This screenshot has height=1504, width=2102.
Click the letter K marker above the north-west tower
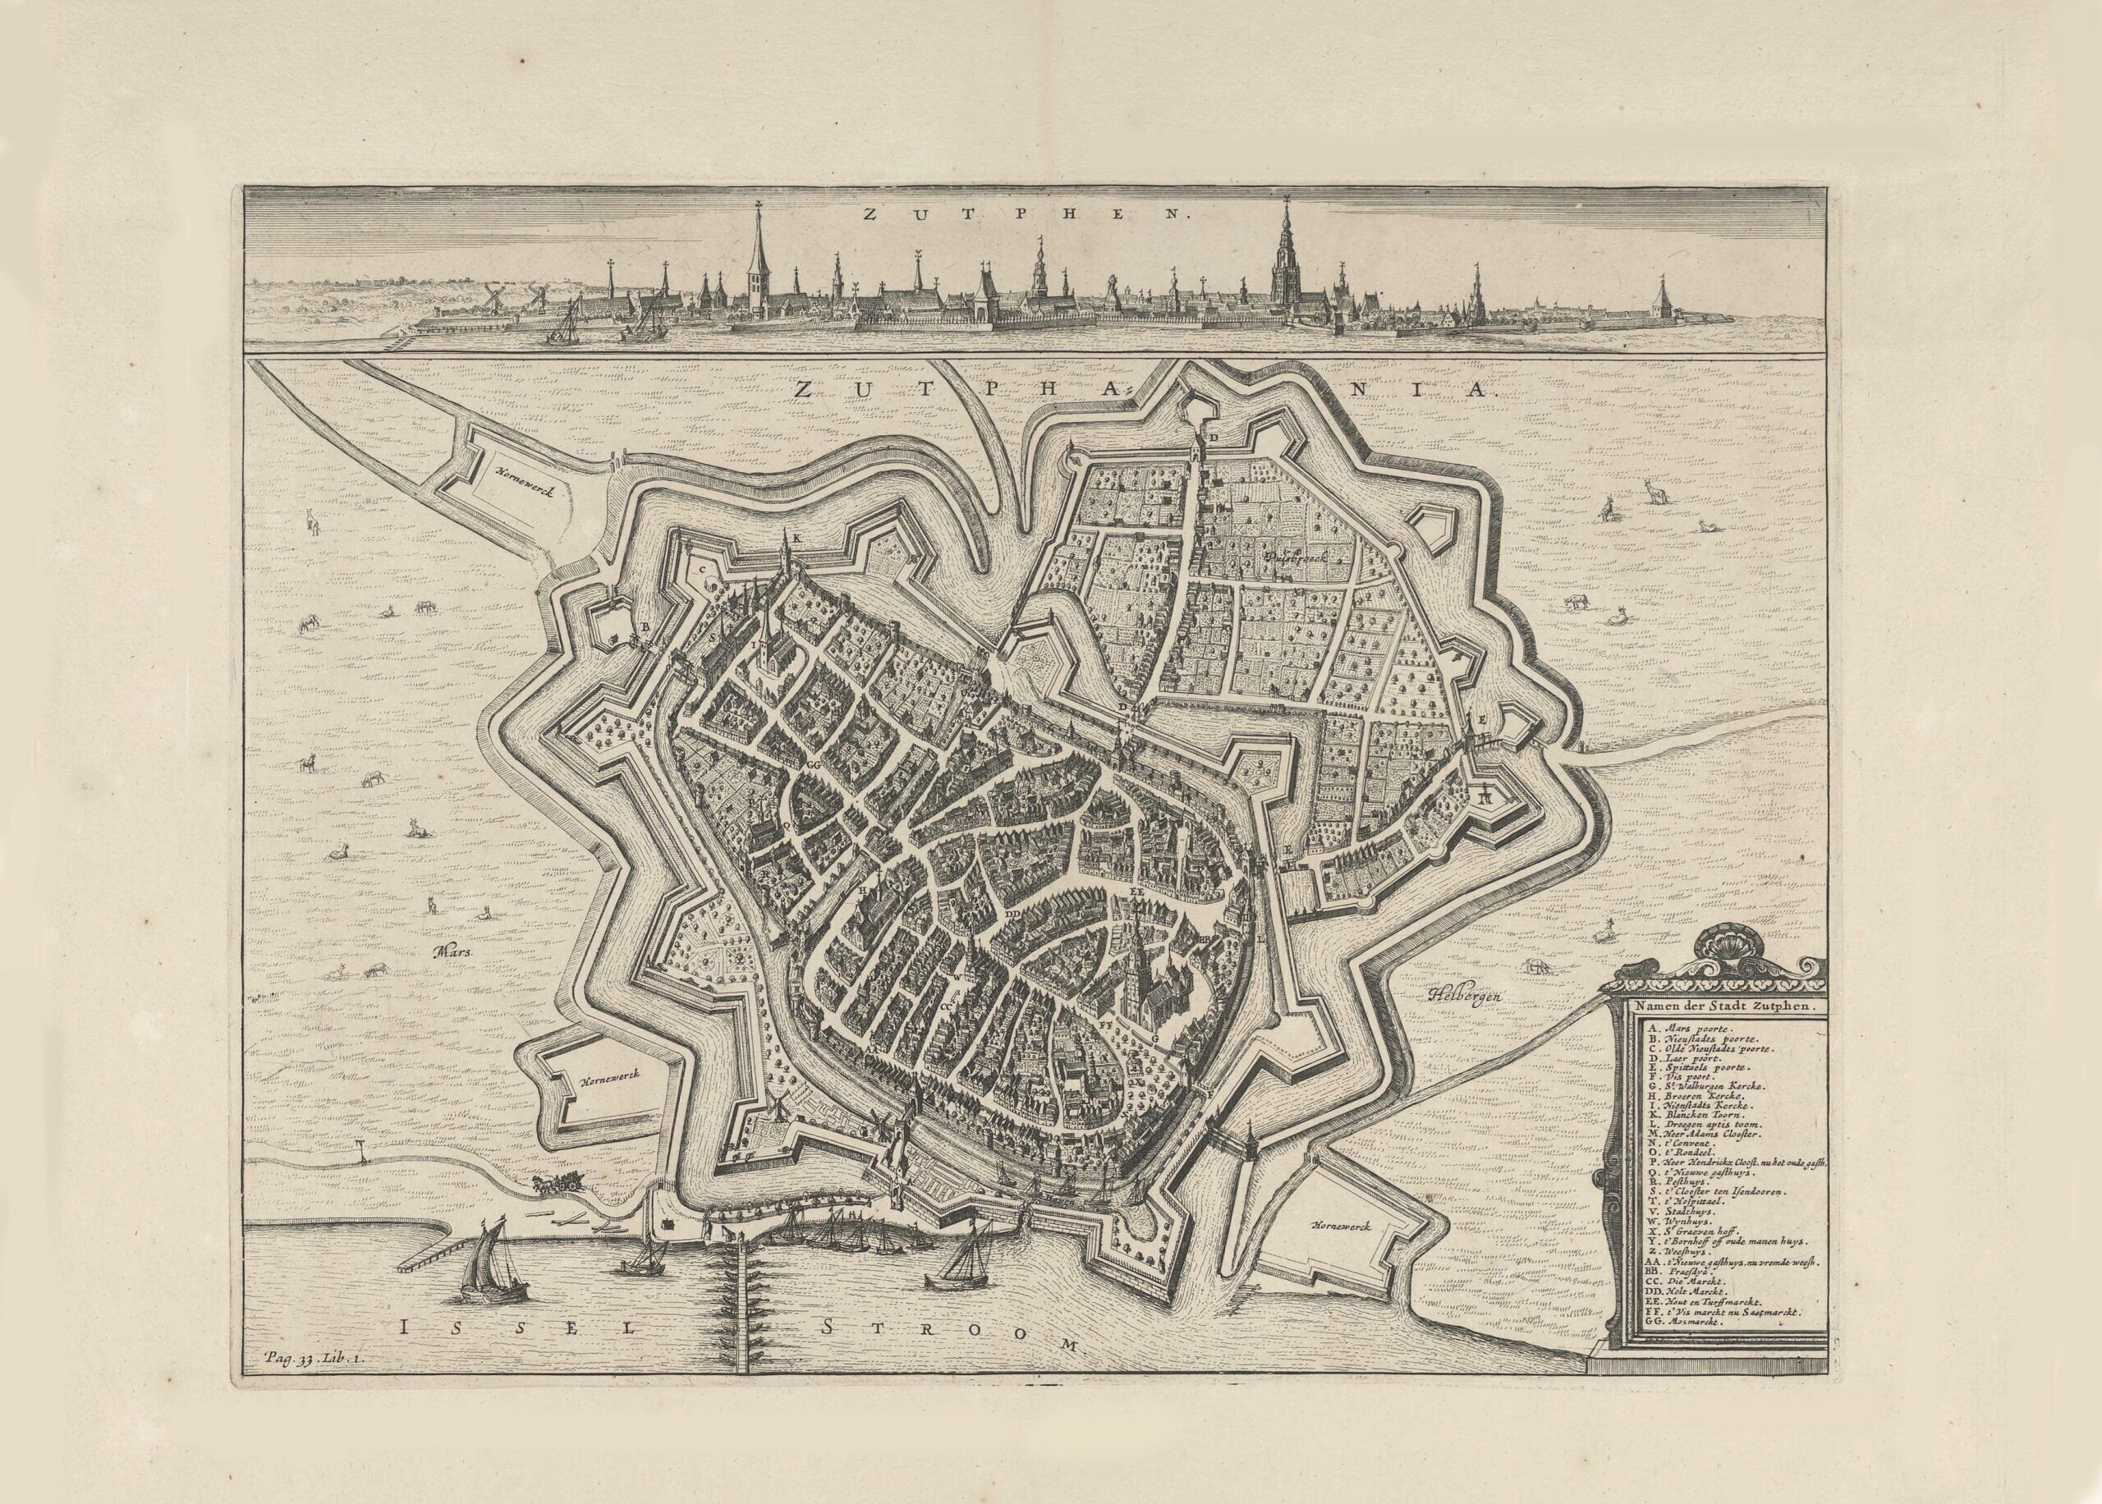[796, 538]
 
